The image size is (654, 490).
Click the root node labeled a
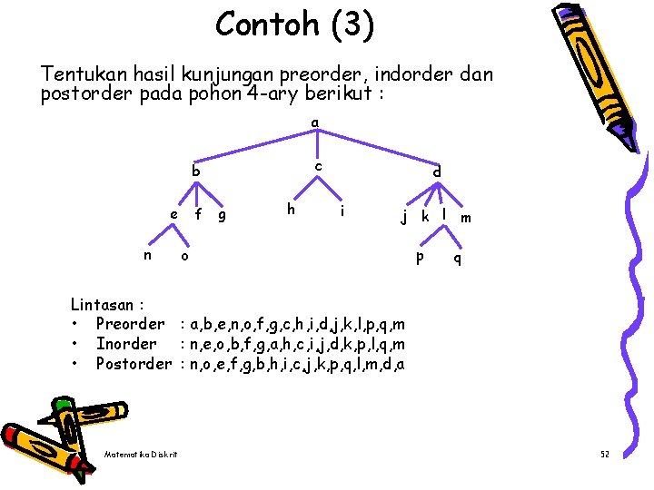tap(314, 122)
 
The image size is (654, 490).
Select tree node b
tap(195, 171)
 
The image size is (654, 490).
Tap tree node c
tap(318, 166)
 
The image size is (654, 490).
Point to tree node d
tap(437, 171)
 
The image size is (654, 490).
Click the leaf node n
tap(148, 255)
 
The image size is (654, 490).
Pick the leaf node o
tap(184, 257)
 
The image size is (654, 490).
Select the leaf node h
tap(291, 209)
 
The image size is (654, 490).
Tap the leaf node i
tap(342, 211)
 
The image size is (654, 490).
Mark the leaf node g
tap(223, 215)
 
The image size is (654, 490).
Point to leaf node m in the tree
tap(465, 218)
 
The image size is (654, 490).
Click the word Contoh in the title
tap(258, 24)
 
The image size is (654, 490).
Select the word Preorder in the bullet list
tap(130, 324)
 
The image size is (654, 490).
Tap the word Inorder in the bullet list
tap(125, 344)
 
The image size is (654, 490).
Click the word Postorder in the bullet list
tap(134, 364)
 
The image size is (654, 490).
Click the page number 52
tap(605, 453)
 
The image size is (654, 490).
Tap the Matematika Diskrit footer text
tap(141, 454)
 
